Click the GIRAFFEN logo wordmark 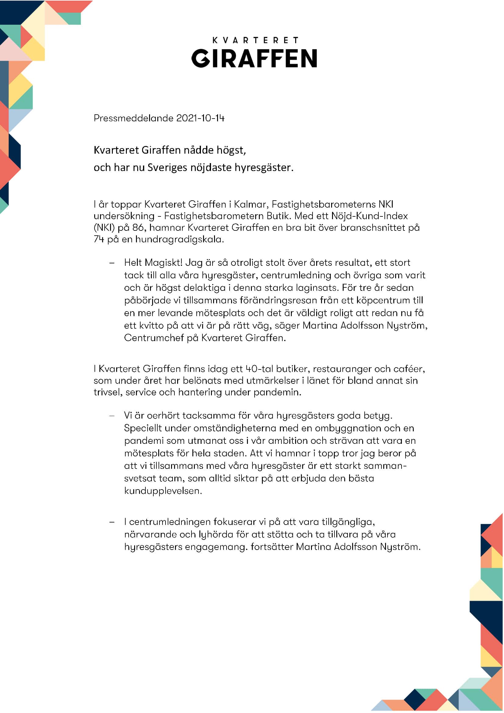pyautogui.click(x=254, y=58)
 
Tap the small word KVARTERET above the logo pyautogui.click(x=255, y=40)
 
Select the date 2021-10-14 pyautogui.click(x=200, y=118)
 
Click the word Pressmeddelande pyautogui.click(x=134, y=118)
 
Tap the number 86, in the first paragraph pyautogui.click(x=138, y=228)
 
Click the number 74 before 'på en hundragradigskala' pyautogui.click(x=99, y=239)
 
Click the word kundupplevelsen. pyautogui.click(x=163, y=491)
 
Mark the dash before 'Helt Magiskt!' pyautogui.click(x=112, y=263)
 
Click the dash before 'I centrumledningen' pyautogui.click(x=112, y=522)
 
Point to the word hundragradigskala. pyautogui.click(x=180, y=239)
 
